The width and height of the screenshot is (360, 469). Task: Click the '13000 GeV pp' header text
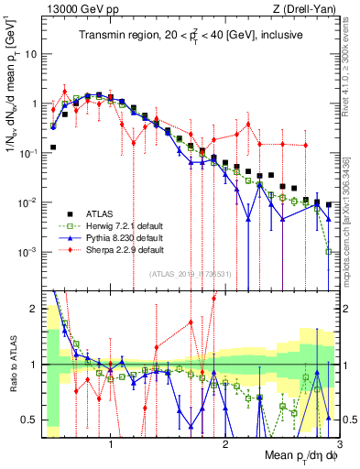coord(64,10)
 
